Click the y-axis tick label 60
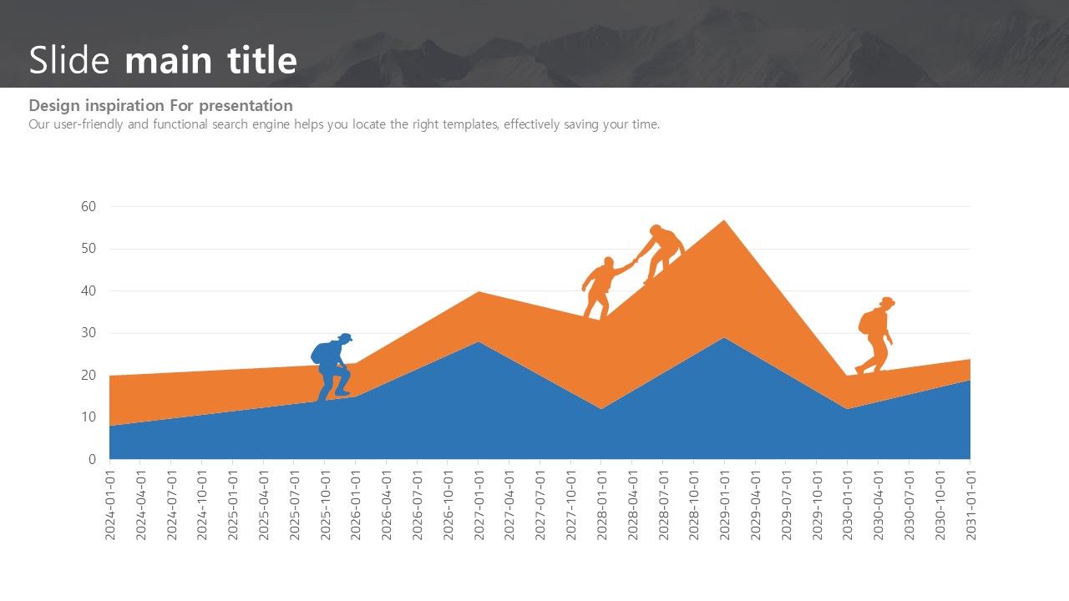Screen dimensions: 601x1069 (89, 206)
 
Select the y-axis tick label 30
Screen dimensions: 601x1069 (89, 333)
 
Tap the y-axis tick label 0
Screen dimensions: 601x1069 (92, 459)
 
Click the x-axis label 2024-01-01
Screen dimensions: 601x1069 (109, 504)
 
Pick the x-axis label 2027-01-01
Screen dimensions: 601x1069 (479, 504)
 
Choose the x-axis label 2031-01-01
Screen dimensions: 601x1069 (970, 504)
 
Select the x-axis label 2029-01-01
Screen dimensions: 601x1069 (724, 504)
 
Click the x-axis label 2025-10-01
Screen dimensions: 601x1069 (325, 504)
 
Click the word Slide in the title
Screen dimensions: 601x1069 (69, 61)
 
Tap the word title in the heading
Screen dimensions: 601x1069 (261, 61)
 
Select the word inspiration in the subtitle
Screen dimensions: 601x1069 (124, 106)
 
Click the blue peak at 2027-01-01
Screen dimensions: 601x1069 (479, 343)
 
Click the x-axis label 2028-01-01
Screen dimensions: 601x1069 (601, 504)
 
